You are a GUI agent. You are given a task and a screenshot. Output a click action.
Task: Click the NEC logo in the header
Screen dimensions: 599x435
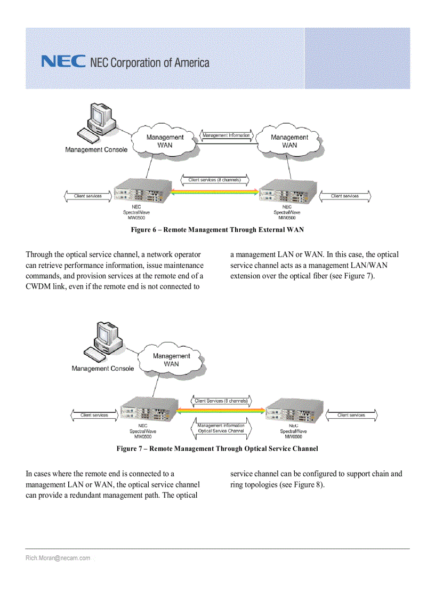coord(63,62)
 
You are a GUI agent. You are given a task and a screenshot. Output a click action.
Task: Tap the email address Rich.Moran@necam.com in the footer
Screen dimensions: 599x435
coord(58,558)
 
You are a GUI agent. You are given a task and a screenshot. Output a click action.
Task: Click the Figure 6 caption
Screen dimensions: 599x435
coord(217,230)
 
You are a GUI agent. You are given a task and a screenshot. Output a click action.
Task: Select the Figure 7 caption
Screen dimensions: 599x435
coord(217,449)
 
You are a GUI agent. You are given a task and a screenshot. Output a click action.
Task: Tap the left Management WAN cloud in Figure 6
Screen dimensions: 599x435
coord(165,141)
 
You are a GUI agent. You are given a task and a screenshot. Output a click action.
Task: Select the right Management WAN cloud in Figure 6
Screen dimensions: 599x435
coord(289,141)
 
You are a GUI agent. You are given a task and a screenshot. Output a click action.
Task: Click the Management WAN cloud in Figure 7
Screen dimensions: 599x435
coord(171,360)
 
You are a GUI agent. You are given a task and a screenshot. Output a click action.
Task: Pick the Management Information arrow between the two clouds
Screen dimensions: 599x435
coord(227,136)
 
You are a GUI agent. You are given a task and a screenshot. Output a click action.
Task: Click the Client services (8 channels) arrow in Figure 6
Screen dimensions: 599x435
coord(214,180)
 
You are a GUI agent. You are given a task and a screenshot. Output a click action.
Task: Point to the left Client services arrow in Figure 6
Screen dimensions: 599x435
coord(88,196)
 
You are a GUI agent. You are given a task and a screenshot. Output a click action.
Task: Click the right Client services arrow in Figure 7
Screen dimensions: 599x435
coord(351,415)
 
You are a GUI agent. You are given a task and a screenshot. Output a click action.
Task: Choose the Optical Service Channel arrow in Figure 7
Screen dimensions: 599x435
coord(221,428)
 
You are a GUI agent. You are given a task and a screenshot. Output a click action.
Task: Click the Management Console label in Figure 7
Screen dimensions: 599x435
coord(103,369)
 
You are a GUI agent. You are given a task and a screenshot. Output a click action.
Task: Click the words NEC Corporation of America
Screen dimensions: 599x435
coord(150,63)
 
